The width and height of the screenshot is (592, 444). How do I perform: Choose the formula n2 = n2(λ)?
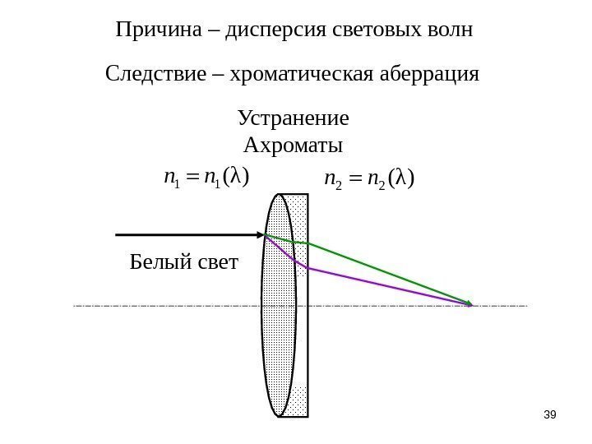pyautogui.click(x=368, y=178)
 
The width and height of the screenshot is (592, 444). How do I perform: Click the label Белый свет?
pyautogui.click(x=183, y=262)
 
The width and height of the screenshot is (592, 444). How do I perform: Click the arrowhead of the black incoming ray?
pyautogui.click(x=258, y=235)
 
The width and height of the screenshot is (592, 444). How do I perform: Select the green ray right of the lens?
pyautogui.click(x=386, y=272)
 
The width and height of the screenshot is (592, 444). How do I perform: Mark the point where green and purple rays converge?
pyautogui.click(x=470, y=305)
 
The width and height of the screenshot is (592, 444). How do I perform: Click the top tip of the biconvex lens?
pyautogui.click(x=280, y=195)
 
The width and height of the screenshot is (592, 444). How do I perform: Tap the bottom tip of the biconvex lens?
pyautogui.click(x=280, y=415)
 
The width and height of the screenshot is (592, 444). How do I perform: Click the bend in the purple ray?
pyautogui.click(x=308, y=267)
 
